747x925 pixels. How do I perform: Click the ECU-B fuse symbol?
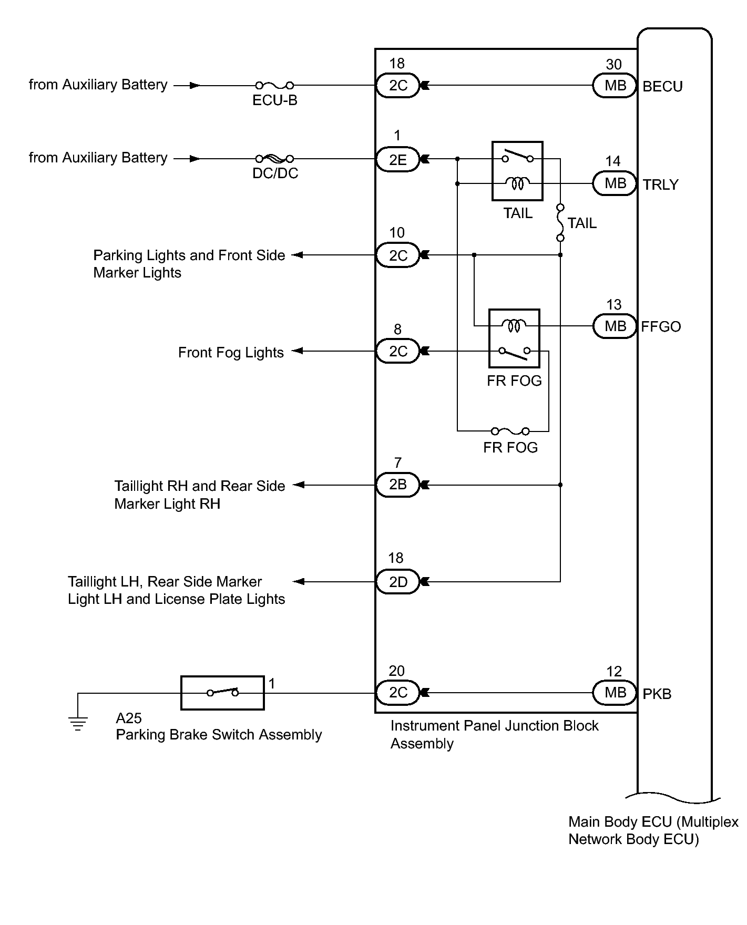(x=274, y=85)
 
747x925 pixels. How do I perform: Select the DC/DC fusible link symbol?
(x=274, y=159)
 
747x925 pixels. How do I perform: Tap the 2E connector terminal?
(x=398, y=159)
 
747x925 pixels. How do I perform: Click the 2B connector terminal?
(x=398, y=485)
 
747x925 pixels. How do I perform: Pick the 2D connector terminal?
(x=398, y=582)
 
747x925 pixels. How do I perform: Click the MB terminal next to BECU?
(x=615, y=86)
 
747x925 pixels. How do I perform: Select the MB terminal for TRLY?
(x=615, y=183)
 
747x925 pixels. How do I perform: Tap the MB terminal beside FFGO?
(x=615, y=326)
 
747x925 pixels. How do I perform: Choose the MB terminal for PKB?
(x=615, y=693)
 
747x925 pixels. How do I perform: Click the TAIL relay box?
(x=517, y=171)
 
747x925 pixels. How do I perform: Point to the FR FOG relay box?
(x=514, y=338)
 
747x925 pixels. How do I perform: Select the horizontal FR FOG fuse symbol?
(x=510, y=431)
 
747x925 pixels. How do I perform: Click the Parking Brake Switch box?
(x=222, y=693)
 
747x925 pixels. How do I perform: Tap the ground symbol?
(x=78, y=724)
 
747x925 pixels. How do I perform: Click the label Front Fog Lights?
(x=231, y=352)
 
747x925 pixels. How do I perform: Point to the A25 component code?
(x=129, y=718)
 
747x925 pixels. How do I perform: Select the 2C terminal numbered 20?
(x=398, y=692)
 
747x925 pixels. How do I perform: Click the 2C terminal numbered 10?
(x=398, y=255)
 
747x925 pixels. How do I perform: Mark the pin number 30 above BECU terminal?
(x=613, y=65)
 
